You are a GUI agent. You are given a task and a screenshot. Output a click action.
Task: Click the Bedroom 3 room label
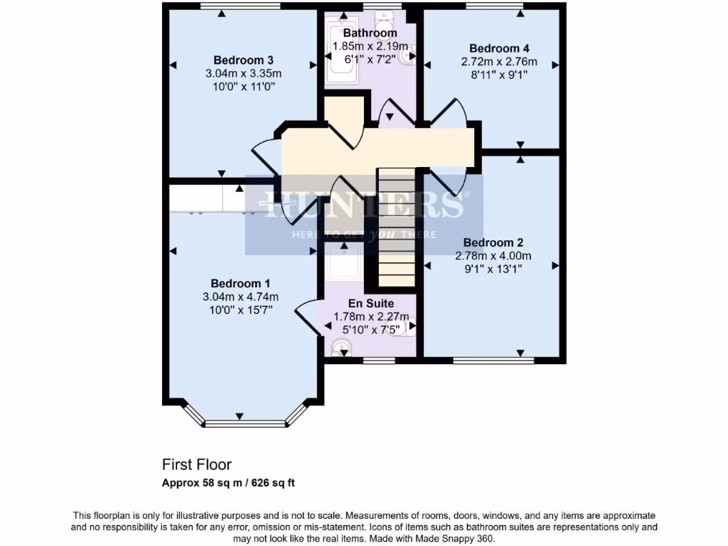243,60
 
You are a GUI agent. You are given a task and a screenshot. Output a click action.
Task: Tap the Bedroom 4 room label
499,48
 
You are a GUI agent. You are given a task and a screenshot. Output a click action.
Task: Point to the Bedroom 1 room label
240,283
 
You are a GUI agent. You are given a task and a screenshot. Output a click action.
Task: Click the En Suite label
370,304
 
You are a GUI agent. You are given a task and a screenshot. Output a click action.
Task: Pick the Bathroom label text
370,33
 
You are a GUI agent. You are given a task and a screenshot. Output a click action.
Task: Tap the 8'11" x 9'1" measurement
499,75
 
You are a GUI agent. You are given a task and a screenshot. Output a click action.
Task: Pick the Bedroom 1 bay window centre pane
238,424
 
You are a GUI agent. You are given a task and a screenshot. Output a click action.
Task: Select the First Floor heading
197,465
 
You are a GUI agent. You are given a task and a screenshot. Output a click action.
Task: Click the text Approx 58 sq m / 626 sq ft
228,483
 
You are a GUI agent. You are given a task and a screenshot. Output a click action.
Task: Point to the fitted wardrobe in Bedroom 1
206,199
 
